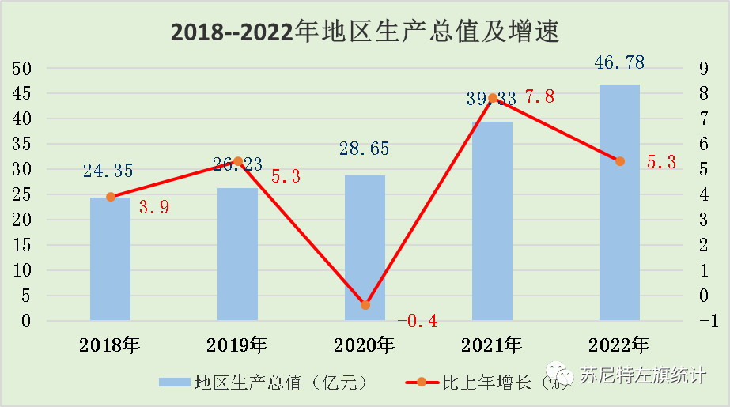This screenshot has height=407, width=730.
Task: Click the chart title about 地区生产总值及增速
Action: (365, 32)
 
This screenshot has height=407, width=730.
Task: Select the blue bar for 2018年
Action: (110, 259)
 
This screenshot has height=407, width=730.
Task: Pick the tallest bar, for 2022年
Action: (619, 202)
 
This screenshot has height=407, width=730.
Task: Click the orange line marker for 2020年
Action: (365, 305)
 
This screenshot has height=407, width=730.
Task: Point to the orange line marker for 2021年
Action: (493, 99)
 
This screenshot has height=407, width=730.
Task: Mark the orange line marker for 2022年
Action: (620, 161)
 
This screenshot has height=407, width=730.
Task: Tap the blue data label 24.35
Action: (110, 170)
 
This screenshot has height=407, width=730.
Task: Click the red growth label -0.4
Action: (417, 321)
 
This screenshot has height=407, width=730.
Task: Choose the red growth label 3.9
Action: (154, 208)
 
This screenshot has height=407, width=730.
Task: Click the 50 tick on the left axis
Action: (21, 69)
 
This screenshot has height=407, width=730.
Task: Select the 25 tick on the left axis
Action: (21, 194)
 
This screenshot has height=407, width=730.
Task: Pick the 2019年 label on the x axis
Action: (237, 345)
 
